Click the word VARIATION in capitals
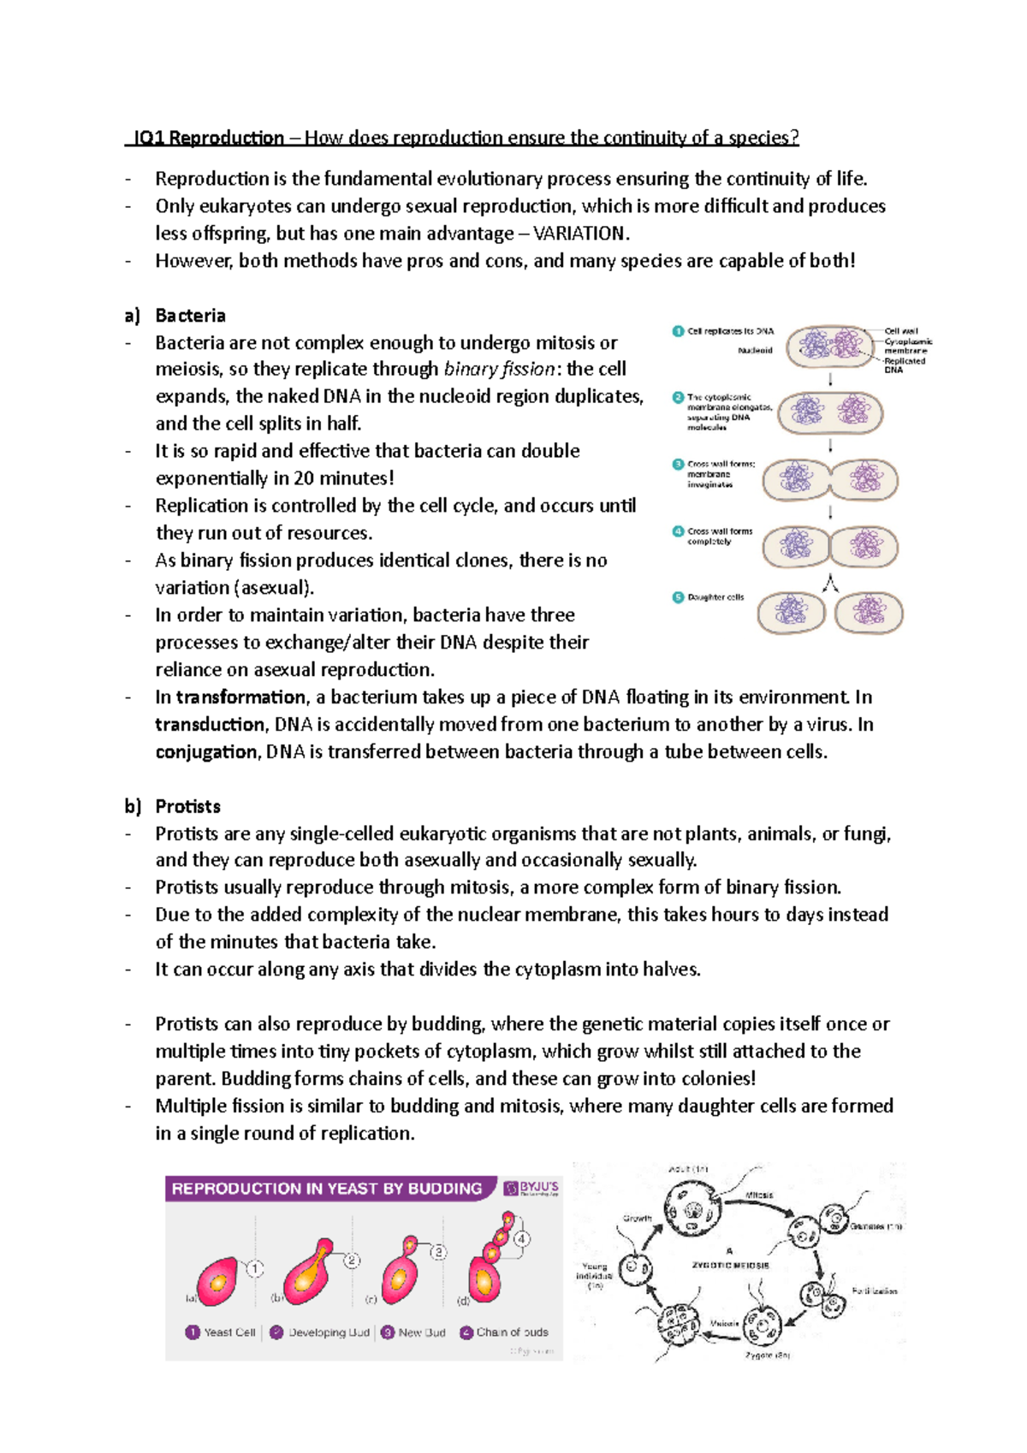(x=580, y=234)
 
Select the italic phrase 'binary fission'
(x=500, y=369)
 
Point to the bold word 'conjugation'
(x=205, y=752)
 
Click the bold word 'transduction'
(x=210, y=725)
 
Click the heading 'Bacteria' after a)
(x=190, y=316)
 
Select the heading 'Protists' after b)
(x=187, y=806)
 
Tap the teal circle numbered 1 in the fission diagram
(x=678, y=331)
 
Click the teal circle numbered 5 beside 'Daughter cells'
(x=678, y=597)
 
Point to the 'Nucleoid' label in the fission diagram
(x=755, y=350)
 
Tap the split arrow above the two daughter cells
(x=830, y=584)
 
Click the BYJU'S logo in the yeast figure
(x=531, y=1188)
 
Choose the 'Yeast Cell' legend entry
(x=229, y=1332)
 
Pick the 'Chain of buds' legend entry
(x=512, y=1332)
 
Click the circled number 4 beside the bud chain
(x=522, y=1238)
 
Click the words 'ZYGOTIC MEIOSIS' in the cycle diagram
(x=730, y=1265)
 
